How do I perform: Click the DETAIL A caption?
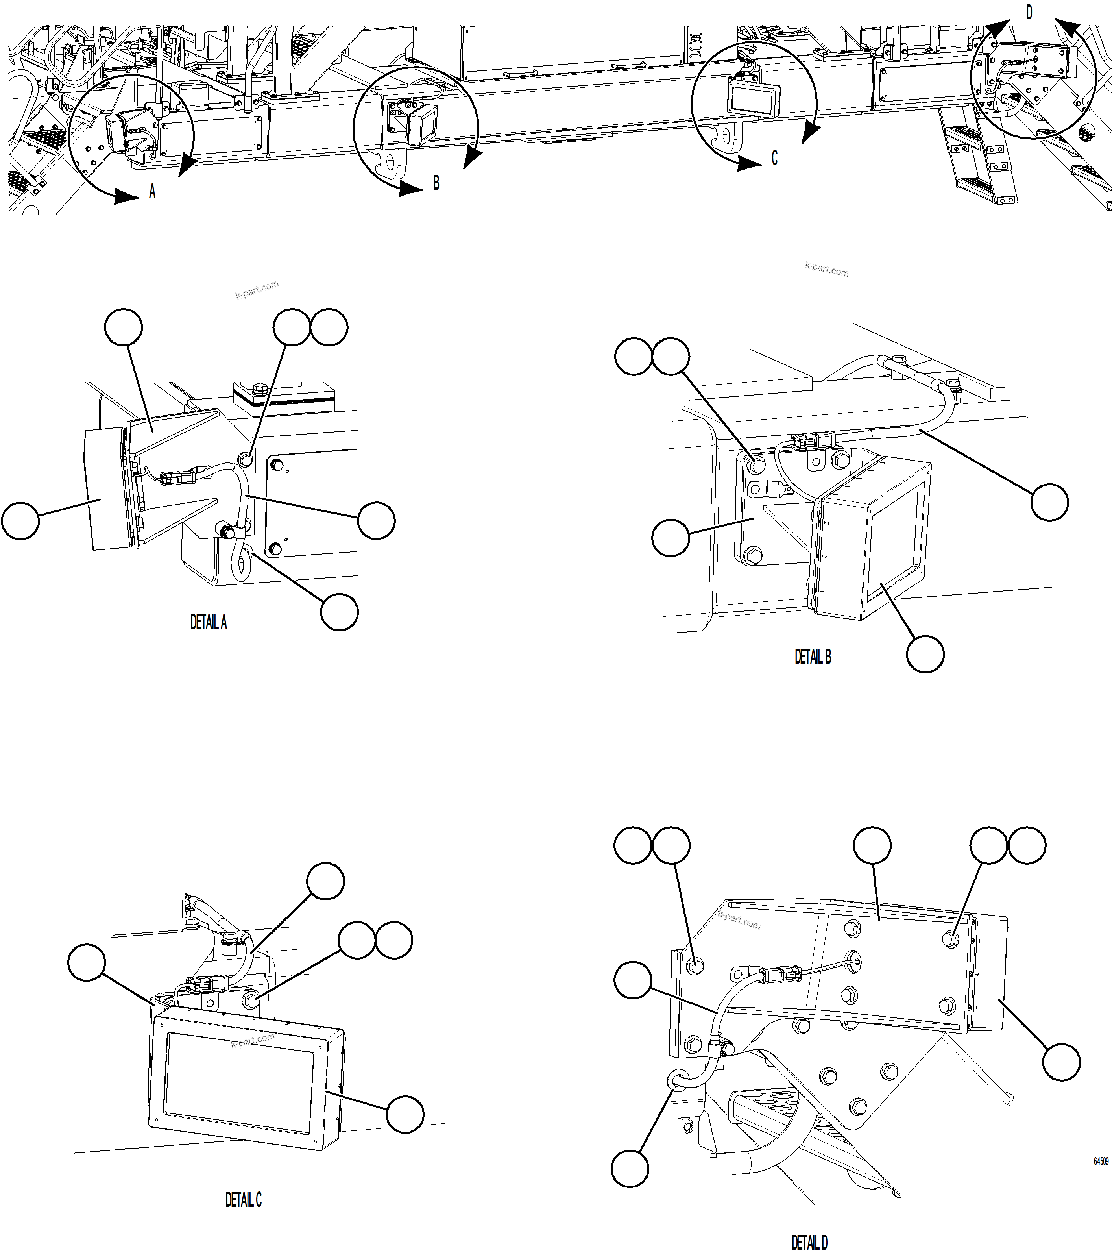point(209,623)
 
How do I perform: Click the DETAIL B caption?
point(813,657)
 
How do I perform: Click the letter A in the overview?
point(152,192)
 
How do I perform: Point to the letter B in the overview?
point(436,183)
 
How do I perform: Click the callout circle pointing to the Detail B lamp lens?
point(925,654)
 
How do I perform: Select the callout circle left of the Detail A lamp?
point(20,521)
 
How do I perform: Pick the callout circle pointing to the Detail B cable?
point(1049,502)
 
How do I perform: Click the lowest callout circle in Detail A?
point(339,612)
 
